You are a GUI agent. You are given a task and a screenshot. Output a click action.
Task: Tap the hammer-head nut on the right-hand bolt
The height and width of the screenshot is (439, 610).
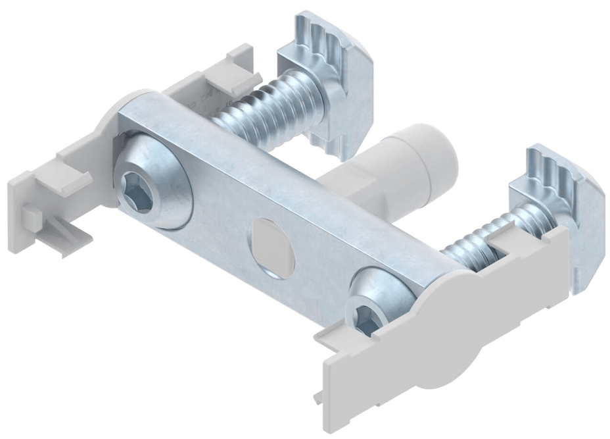click(559, 211)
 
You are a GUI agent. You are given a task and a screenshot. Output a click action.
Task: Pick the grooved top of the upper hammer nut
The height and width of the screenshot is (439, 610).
click(329, 33)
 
